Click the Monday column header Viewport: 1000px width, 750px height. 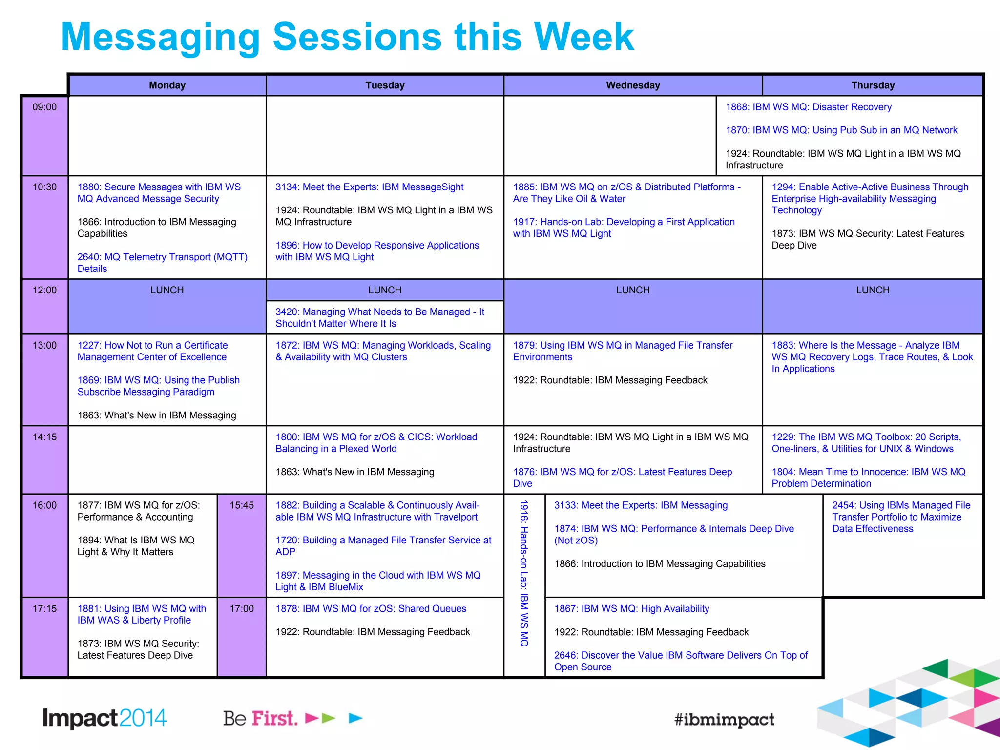point(167,85)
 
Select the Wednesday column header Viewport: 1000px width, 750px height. point(633,85)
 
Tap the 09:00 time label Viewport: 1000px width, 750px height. point(44,107)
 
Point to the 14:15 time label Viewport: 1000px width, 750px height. point(44,437)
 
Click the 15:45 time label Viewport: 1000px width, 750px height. point(242,506)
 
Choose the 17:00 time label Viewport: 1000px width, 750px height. point(242,609)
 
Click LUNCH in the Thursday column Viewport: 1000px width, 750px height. point(873,291)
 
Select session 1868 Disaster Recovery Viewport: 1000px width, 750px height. point(808,107)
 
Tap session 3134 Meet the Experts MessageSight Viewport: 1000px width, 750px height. point(369,187)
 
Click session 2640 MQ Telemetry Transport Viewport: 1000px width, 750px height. point(162,263)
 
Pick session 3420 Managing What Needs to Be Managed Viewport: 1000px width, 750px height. point(379,318)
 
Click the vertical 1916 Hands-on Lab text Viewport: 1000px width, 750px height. point(524,573)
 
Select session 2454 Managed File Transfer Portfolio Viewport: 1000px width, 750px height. point(901,517)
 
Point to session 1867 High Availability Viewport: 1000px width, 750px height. point(631,609)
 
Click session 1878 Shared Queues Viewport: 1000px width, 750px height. point(371,609)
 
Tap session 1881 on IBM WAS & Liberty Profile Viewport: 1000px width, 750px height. point(142,615)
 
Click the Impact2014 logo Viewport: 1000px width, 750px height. point(104,718)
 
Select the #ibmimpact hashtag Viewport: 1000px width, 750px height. point(724,719)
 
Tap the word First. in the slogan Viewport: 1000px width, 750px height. point(274,718)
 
